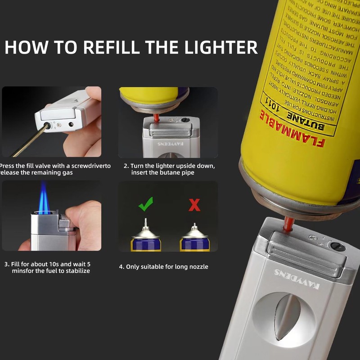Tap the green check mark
click(145, 205)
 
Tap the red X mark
click(194, 205)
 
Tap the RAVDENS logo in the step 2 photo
click(167, 144)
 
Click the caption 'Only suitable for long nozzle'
click(163, 267)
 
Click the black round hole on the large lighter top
click(337, 246)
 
